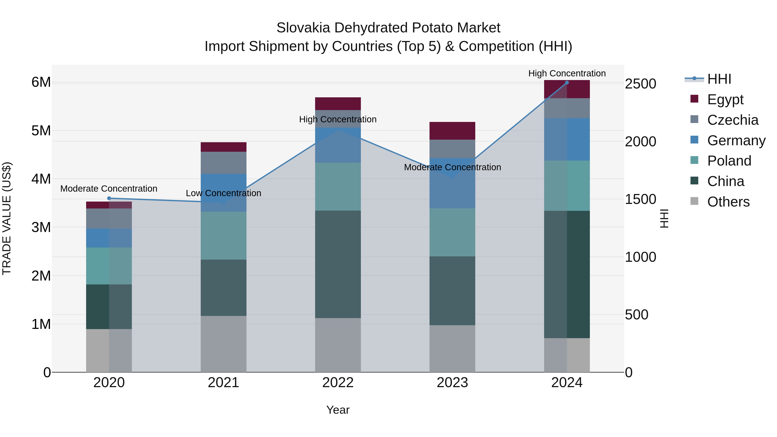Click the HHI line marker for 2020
tap(109, 198)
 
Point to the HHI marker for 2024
tap(567, 82)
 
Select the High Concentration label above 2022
tap(338, 119)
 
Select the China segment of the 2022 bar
tap(338, 264)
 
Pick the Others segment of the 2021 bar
tap(224, 344)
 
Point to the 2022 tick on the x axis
tap(338, 383)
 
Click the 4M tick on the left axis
tap(41, 179)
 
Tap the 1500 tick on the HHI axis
tap(640, 199)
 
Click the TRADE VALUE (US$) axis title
tap(7, 218)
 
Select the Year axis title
tap(338, 410)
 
